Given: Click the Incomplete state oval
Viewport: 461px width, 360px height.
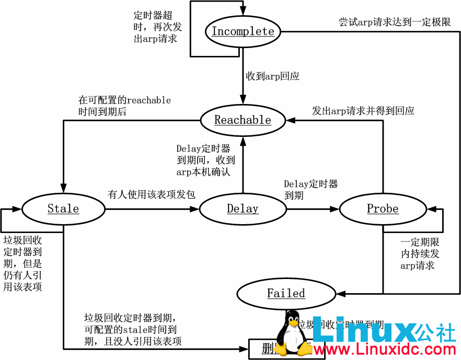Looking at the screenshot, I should click(243, 31).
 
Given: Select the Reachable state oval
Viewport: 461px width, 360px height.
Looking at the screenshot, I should click(243, 120).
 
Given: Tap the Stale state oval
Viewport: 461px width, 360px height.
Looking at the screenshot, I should click(63, 209).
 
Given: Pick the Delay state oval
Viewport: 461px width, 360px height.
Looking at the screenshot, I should click(243, 209).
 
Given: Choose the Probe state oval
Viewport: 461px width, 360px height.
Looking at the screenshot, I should click(383, 209).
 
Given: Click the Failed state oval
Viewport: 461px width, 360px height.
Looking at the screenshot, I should click(286, 293).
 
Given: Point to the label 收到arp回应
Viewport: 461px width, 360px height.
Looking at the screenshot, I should click(273, 76).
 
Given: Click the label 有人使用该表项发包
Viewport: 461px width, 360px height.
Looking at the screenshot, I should click(152, 194).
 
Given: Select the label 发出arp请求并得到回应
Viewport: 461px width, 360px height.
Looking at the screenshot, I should click(363, 111).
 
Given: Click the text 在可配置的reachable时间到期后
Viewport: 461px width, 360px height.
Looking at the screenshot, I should click(124, 106).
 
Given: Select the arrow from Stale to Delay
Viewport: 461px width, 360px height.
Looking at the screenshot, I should click(152, 209).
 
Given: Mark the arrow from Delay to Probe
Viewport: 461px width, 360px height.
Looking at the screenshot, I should click(313, 209).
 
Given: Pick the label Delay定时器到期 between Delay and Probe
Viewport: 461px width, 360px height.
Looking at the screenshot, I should click(310, 190).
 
